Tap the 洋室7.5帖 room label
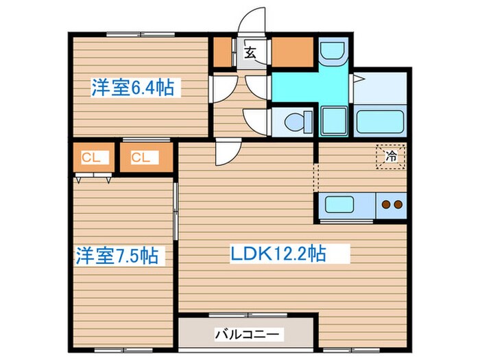coord(117,256)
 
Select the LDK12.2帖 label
coord(277,254)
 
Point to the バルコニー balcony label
coord(248,335)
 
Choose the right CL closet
coord(141,158)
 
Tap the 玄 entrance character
coord(251,51)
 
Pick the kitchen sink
coord(339,204)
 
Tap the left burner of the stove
coord(386,204)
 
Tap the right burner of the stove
coord(398,204)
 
